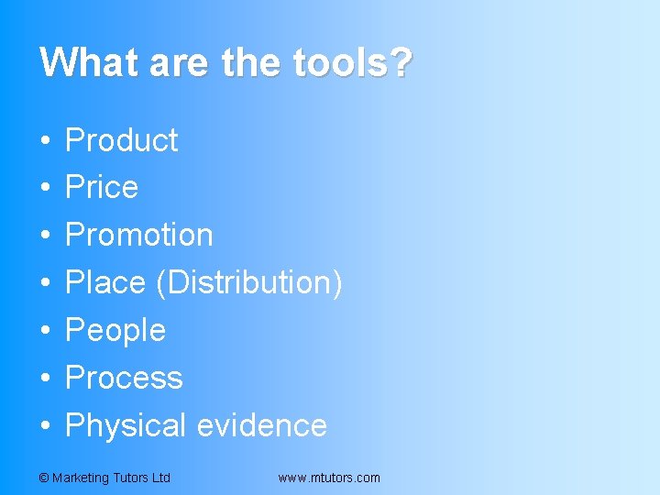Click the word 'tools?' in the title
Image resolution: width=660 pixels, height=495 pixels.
(352, 62)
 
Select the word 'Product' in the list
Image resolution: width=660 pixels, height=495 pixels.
(122, 140)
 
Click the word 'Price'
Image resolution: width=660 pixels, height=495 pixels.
(102, 188)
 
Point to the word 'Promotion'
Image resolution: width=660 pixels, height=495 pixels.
(139, 236)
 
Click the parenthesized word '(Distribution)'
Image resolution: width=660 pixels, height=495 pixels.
(250, 283)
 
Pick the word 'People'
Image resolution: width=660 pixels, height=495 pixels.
(115, 331)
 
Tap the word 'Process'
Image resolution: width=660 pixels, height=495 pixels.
(124, 379)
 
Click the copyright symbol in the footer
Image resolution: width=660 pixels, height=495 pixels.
(44, 478)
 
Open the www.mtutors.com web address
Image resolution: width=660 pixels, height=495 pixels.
(328, 478)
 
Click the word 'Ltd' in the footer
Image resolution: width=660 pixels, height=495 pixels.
(160, 478)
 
